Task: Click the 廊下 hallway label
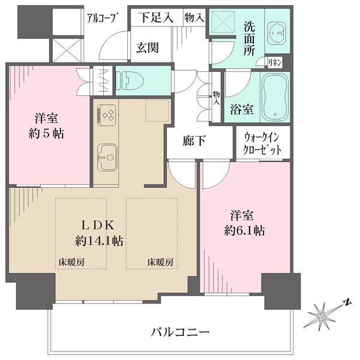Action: [195, 142]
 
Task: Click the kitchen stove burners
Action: [107, 114]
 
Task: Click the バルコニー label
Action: [179, 331]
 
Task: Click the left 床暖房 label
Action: [71, 262]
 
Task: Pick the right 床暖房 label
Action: [161, 262]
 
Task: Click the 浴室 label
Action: [241, 110]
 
